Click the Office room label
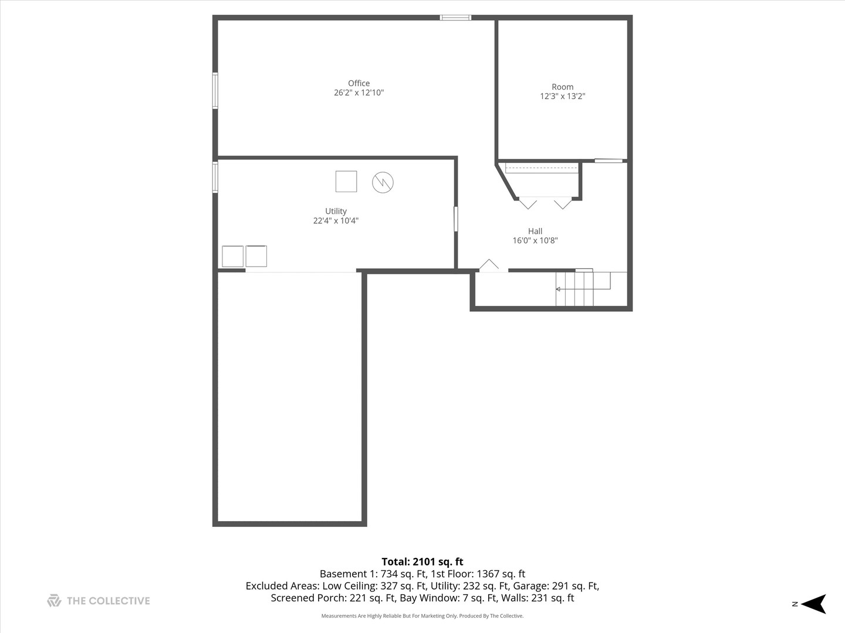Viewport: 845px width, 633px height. pyautogui.click(x=359, y=83)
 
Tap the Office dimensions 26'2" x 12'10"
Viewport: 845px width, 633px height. pyautogui.click(x=359, y=93)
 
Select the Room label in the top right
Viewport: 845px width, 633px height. pyautogui.click(x=562, y=87)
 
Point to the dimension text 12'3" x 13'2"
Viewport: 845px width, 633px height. pyautogui.click(x=562, y=96)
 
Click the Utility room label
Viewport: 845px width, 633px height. pyautogui.click(x=336, y=211)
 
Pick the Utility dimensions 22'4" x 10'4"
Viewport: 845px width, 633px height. pyautogui.click(x=336, y=221)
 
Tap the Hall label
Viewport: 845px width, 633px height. pyautogui.click(x=535, y=231)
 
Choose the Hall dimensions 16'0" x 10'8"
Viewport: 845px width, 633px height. pyautogui.click(x=535, y=240)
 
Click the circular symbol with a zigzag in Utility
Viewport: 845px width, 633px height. pyautogui.click(x=383, y=182)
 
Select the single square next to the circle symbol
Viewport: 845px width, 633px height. pyautogui.click(x=346, y=181)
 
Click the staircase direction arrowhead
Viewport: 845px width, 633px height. pyautogui.click(x=558, y=289)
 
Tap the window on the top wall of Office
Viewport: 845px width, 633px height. pyautogui.click(x=455, y=18)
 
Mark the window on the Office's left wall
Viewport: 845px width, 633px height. pyautogui.click(x=215, y=91)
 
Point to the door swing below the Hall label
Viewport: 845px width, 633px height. pyautogui.click(x=489, y=265)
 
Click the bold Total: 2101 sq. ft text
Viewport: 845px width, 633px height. pyautogui.click(x=422, y=561)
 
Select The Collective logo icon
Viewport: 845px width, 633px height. pyautogui.click(x=54, y=600)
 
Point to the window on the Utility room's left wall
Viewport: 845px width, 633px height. pyautogui.click(x=215, y=177)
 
